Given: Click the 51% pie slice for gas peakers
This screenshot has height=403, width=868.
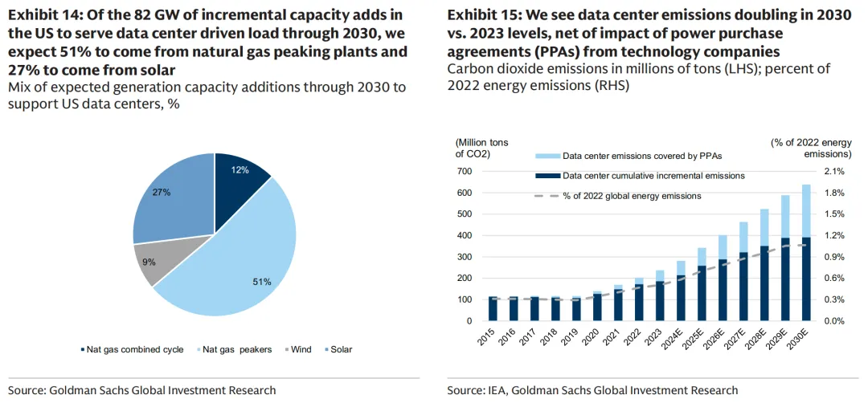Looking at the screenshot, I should (241, 257).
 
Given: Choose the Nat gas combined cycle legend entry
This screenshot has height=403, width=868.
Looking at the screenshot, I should (129, 349).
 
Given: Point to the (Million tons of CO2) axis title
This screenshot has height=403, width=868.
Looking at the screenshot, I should (481, 148).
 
